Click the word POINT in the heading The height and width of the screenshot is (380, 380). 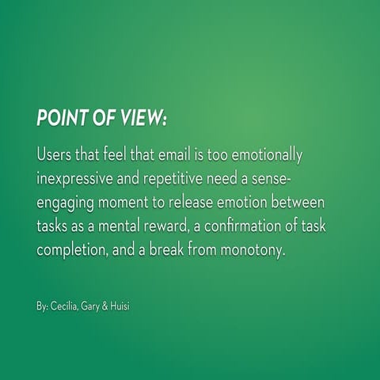63,116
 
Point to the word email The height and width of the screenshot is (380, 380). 202,152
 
